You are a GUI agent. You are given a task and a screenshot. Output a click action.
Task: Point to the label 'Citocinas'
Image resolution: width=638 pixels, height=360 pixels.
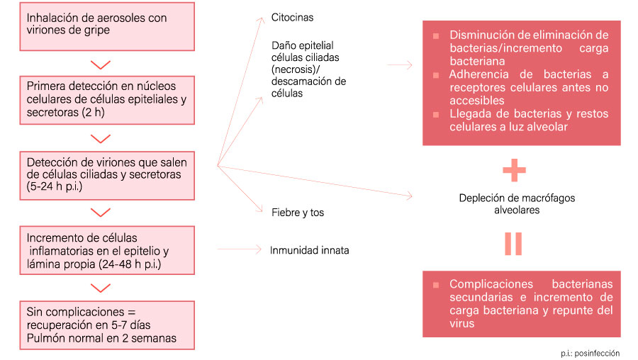(x=292, y=16)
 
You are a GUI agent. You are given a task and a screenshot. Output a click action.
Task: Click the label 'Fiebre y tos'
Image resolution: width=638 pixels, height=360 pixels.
(x=298, y=212)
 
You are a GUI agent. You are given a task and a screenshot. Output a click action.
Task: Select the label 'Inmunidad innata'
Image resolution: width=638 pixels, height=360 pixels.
(x=309, y=250)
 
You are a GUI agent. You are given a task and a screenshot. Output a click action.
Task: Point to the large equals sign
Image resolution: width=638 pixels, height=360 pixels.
(x=513, y=243)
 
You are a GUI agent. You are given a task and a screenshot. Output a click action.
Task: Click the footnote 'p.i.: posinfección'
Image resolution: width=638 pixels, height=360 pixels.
(x=588, y=353)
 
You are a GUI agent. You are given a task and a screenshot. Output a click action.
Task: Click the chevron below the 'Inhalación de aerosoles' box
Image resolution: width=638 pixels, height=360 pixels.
(x=102, y=64)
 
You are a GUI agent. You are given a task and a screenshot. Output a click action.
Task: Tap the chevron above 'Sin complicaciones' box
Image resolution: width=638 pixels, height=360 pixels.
(x=102, y=288)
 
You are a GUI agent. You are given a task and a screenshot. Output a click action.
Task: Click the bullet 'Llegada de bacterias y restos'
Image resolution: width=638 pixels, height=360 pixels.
(x=527, y=120)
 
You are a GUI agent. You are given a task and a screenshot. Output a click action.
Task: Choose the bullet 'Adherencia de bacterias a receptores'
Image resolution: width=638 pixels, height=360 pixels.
(x=527, y=87)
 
